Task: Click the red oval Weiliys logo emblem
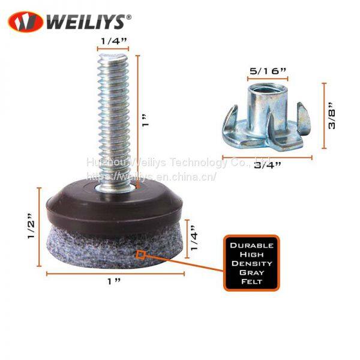tap(25, 22)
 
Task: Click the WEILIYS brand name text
tap(86, 22)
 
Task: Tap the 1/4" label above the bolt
tap(114, 41)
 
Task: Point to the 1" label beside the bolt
tap(145, 120)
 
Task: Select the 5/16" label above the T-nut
tap(268, 71)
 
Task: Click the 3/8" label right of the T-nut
tap(332, 115)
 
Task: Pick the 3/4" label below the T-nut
tap(268, 165)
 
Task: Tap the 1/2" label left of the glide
tap(31, 226)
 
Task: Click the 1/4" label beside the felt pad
tap(194, 238)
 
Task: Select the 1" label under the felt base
tap(114, 281)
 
